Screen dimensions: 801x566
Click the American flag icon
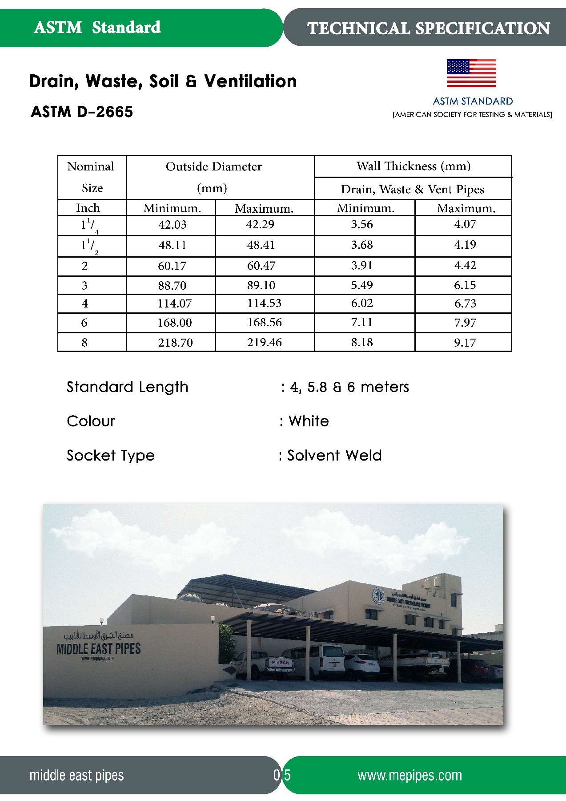pyautogui.click(x=471, y=73)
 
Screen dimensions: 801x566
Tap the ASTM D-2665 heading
pyautogui.click(x=82, y=112)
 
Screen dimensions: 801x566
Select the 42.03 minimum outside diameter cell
pyautogui.click(x=172, y=225)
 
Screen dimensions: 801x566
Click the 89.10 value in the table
pyautogui.click(x=261, y=285)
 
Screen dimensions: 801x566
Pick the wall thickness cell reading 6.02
pyautogui.click(x=362, y=303)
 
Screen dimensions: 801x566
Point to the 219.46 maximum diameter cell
pyautogui.click(x=265, y=342)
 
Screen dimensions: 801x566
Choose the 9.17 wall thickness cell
pyautogui.click(x=465, y=343)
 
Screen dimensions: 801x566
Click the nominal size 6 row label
pyautogui.click(x=84, y=323)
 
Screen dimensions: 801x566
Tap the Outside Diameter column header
pyautogui.click(x=214, y=167)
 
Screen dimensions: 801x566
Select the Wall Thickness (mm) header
pyautogui.click(x=413, y=166)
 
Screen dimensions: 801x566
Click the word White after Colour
pyautogui.click(x=309, y=421)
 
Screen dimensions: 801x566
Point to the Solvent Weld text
pyautogui.click(x=334, y=455)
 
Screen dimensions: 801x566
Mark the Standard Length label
pyautogui.click(x=128, y=387)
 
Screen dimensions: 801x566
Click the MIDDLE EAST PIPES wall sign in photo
pyautogui.click(x=98, y=649)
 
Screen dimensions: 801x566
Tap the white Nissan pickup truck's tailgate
pyautogui.click(x=281, y=663)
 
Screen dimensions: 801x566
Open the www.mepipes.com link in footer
pyautogui.click(x=409, y=775)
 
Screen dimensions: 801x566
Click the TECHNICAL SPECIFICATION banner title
pyautogui.click(x=429, y=28)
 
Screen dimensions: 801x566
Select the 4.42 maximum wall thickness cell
pyautogui.click(x=465, y=266)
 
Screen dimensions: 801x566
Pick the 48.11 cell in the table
pyautogui.click(x=172, y=245)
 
